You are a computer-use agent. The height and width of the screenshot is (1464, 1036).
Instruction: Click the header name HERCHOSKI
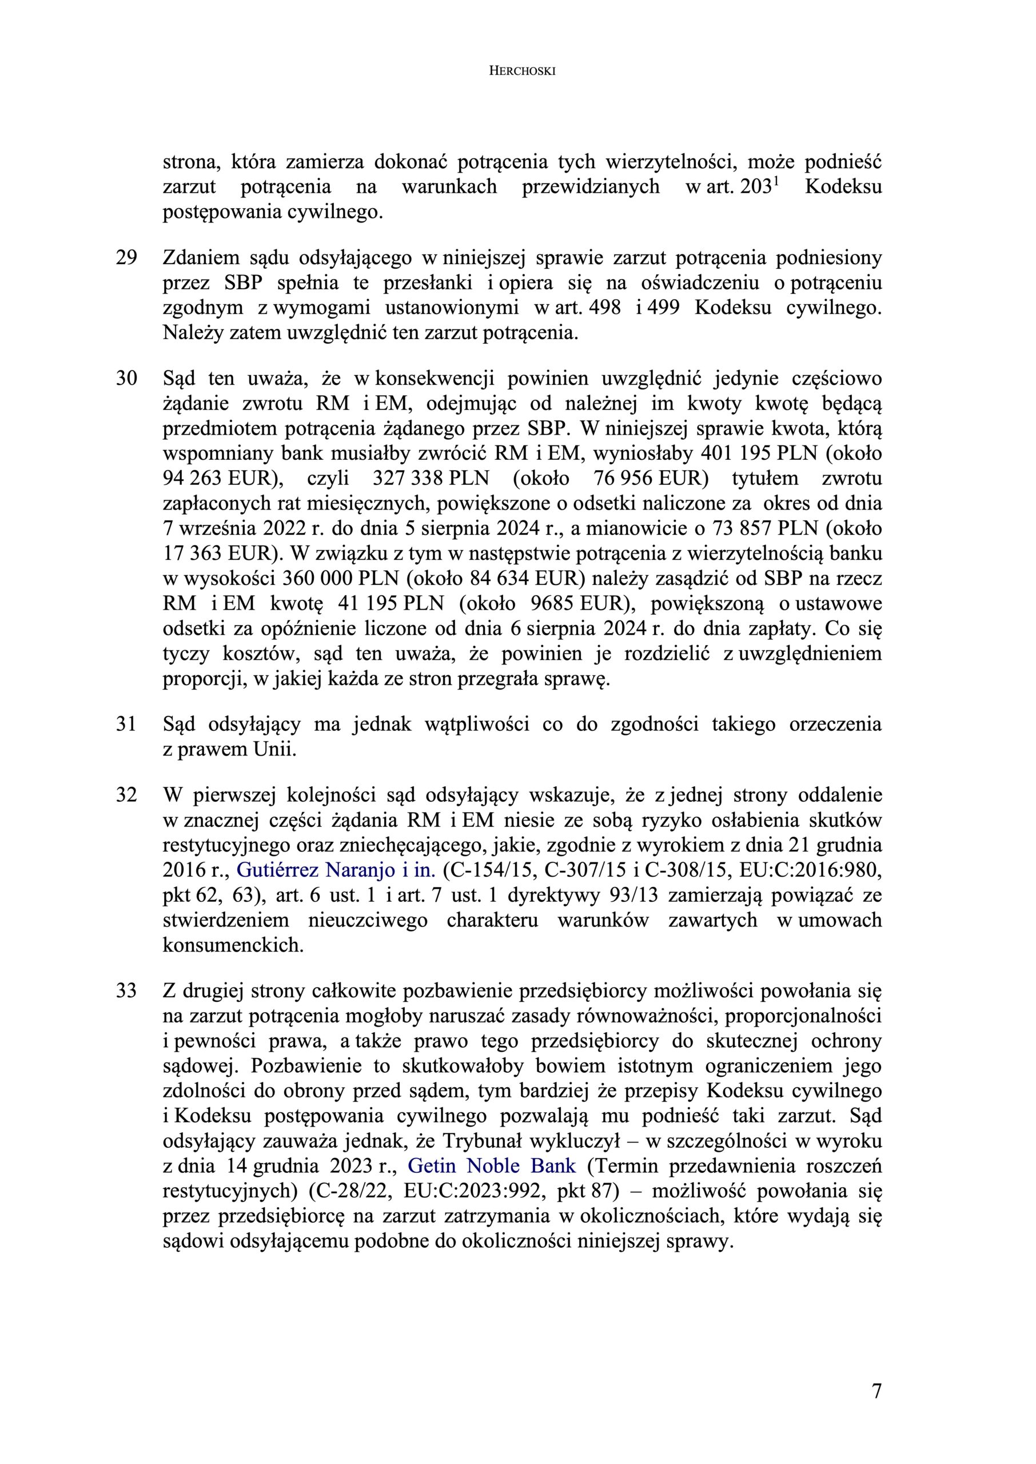522,71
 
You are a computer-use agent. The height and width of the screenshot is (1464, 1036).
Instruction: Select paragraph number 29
126,258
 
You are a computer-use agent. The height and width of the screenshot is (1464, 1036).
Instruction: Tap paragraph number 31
126,724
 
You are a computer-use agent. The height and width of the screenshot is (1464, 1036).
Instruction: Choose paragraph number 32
126,795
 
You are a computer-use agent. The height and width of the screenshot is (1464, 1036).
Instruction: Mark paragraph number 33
126,990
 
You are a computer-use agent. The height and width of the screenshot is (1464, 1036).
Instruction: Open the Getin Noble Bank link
491,1166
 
